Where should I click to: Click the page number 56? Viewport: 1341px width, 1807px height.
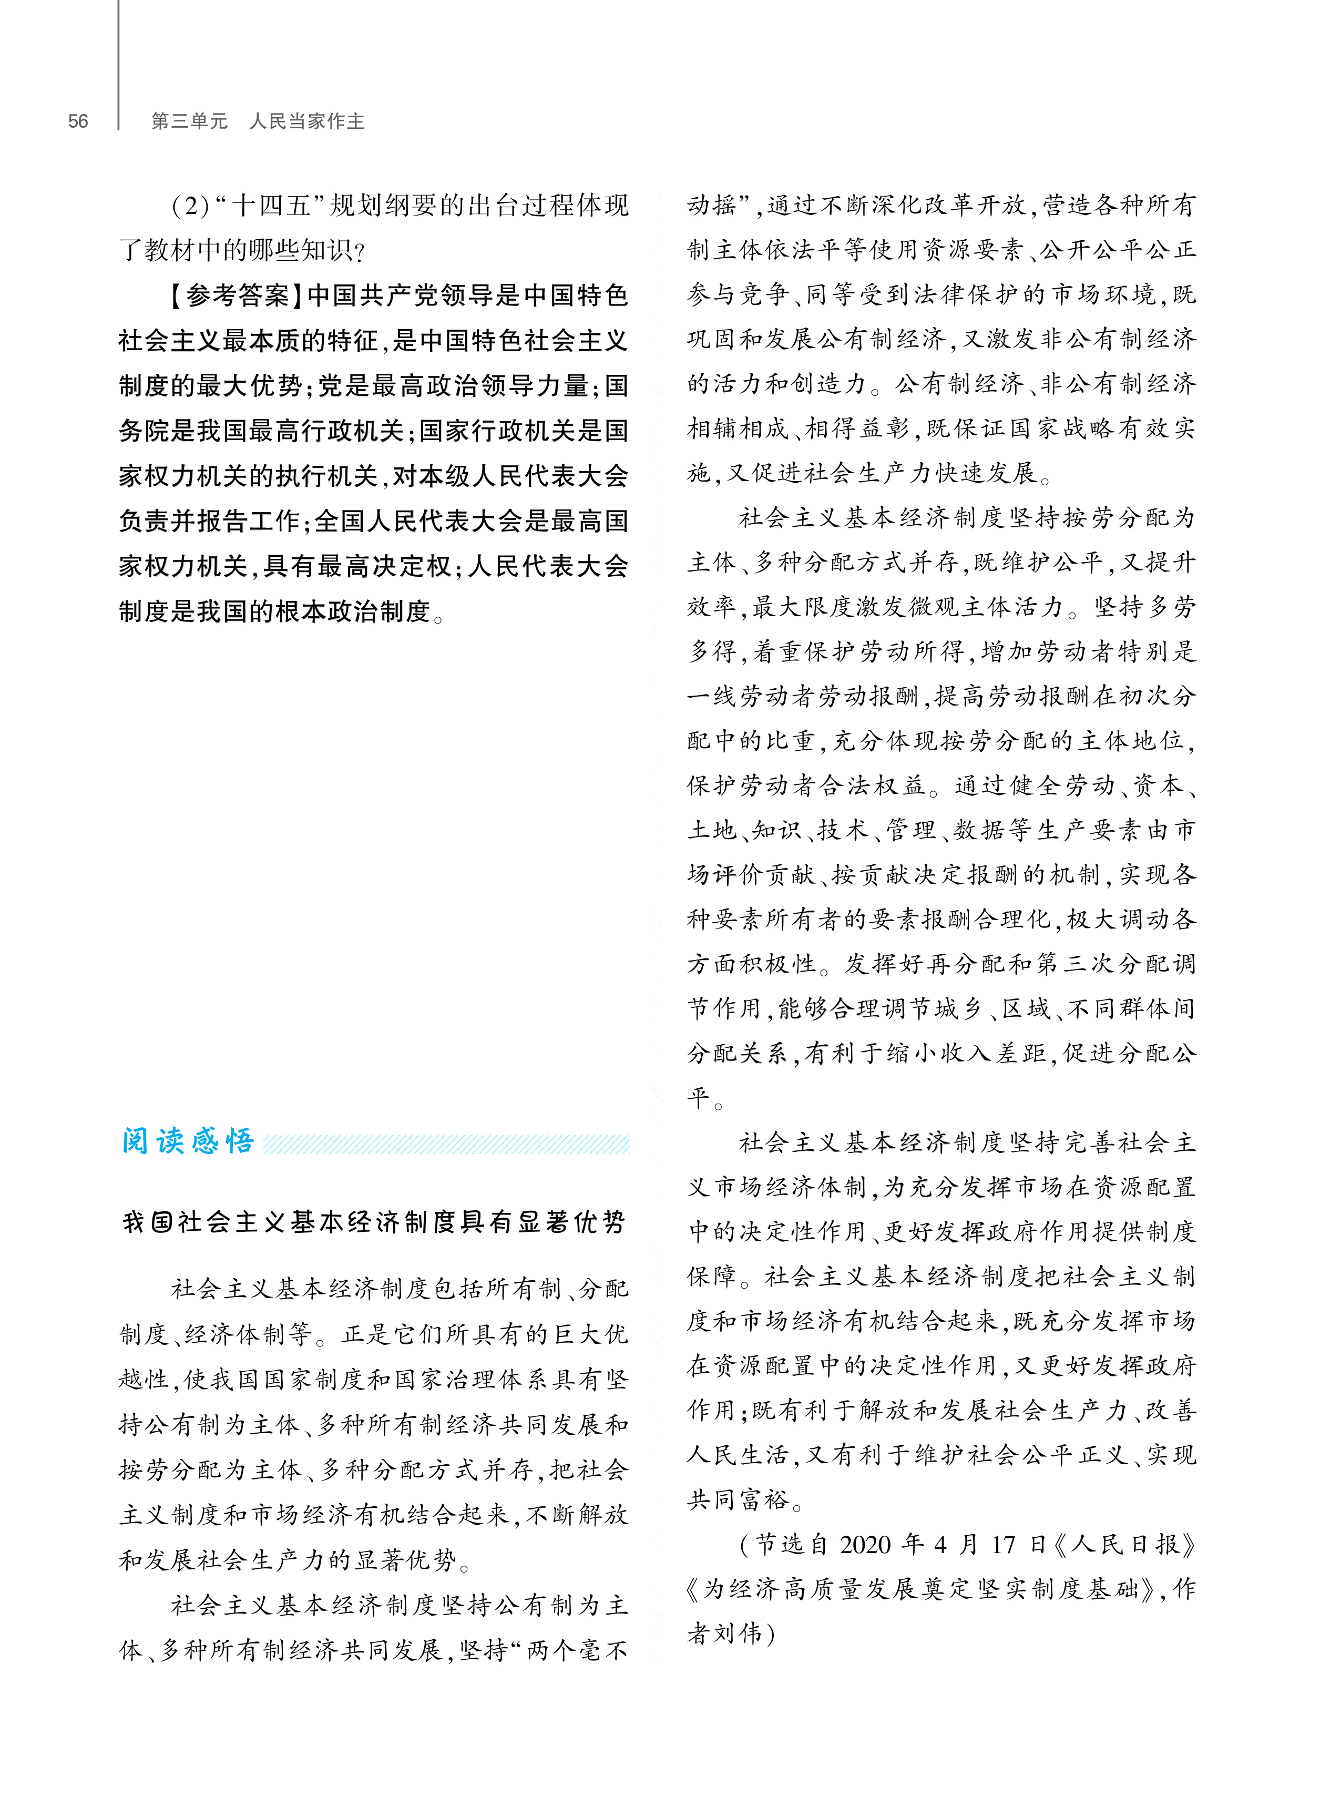click(x=78, y=122)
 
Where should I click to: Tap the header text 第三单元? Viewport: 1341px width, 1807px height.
click(x=189, y=122)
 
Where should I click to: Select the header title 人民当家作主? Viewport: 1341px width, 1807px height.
click(x=307, y=122)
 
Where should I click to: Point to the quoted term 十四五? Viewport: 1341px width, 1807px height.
click(x=272, y=206)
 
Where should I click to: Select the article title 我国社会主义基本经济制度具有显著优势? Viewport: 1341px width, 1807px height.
click(x=373, y=1222)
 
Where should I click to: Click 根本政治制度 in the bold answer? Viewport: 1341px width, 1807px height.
click(x=352, y=611)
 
